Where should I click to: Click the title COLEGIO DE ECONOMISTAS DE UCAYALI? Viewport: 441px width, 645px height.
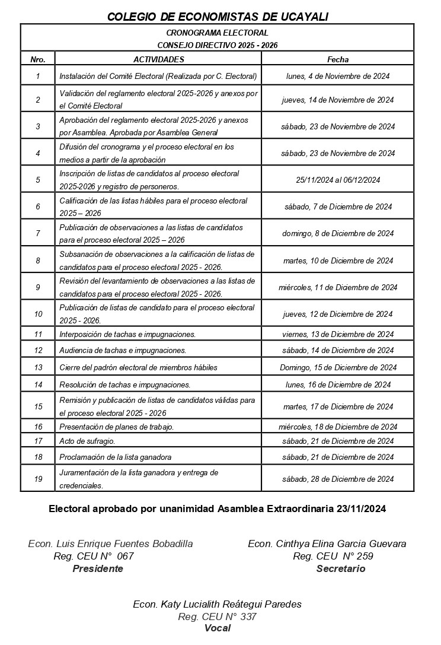[x=218, y=17]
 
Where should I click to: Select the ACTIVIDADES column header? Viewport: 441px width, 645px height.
[x=158, y=59]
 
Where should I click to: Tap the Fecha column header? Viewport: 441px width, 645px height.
[x=338, y=59]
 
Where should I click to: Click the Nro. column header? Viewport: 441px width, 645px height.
[x=38, y=59]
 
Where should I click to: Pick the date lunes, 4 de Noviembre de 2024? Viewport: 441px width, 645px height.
[x=337, y=76]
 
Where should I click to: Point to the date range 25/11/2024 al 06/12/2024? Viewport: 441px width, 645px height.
[x=338, y=180]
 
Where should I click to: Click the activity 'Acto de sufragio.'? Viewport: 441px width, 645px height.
[x=87, y=441]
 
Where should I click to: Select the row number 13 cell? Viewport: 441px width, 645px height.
[x=38, y=367]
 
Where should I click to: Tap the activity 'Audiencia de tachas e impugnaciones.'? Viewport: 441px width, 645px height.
[x=123, y=351]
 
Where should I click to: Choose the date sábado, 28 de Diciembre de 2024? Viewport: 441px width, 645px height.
[x=338, y=479]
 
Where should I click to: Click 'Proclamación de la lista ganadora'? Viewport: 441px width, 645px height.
[x=115, y=457]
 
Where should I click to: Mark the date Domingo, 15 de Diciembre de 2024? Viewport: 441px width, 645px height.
[x=338, y=367]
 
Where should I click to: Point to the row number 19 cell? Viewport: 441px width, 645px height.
[x=38, y=479]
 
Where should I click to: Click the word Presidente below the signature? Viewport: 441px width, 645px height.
[x=98, y=568]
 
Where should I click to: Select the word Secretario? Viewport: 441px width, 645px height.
[x=341, y=568]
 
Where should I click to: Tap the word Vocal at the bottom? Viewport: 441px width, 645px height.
[x=217, y=628]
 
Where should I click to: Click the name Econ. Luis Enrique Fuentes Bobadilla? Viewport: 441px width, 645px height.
[x=110, y=544]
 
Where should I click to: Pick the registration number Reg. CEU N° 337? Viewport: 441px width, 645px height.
[x=217, y=617]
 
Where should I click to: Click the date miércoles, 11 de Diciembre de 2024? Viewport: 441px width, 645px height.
[x=338, y=287]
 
